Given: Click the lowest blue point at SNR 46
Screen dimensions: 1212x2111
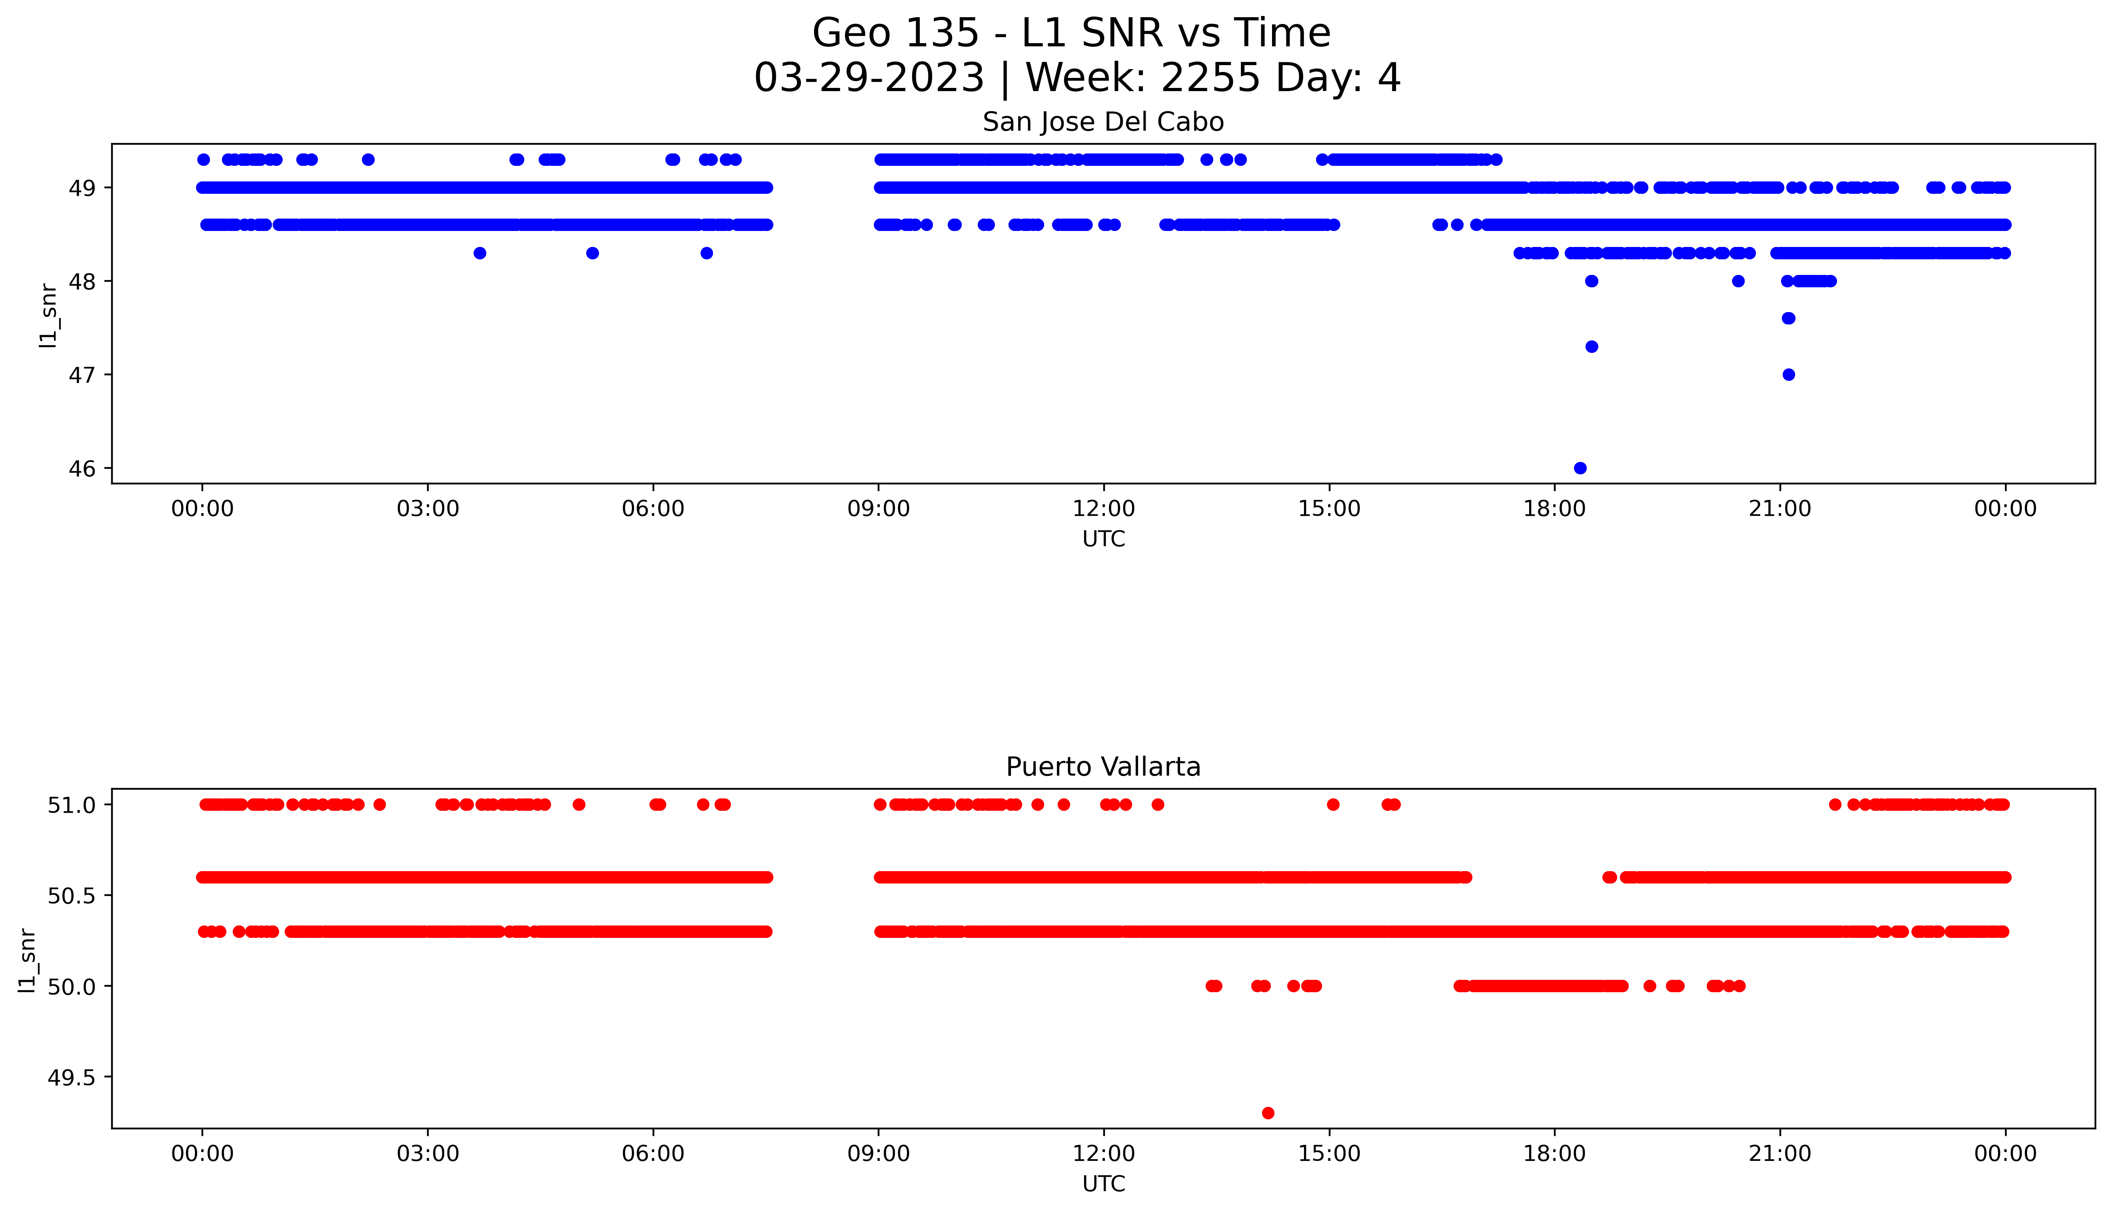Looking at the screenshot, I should (x=1580, y=468).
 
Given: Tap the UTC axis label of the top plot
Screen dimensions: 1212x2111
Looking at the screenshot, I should (x=1103, y=539).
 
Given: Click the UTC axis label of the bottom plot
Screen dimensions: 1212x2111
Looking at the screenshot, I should (x=1103, y=1184).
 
